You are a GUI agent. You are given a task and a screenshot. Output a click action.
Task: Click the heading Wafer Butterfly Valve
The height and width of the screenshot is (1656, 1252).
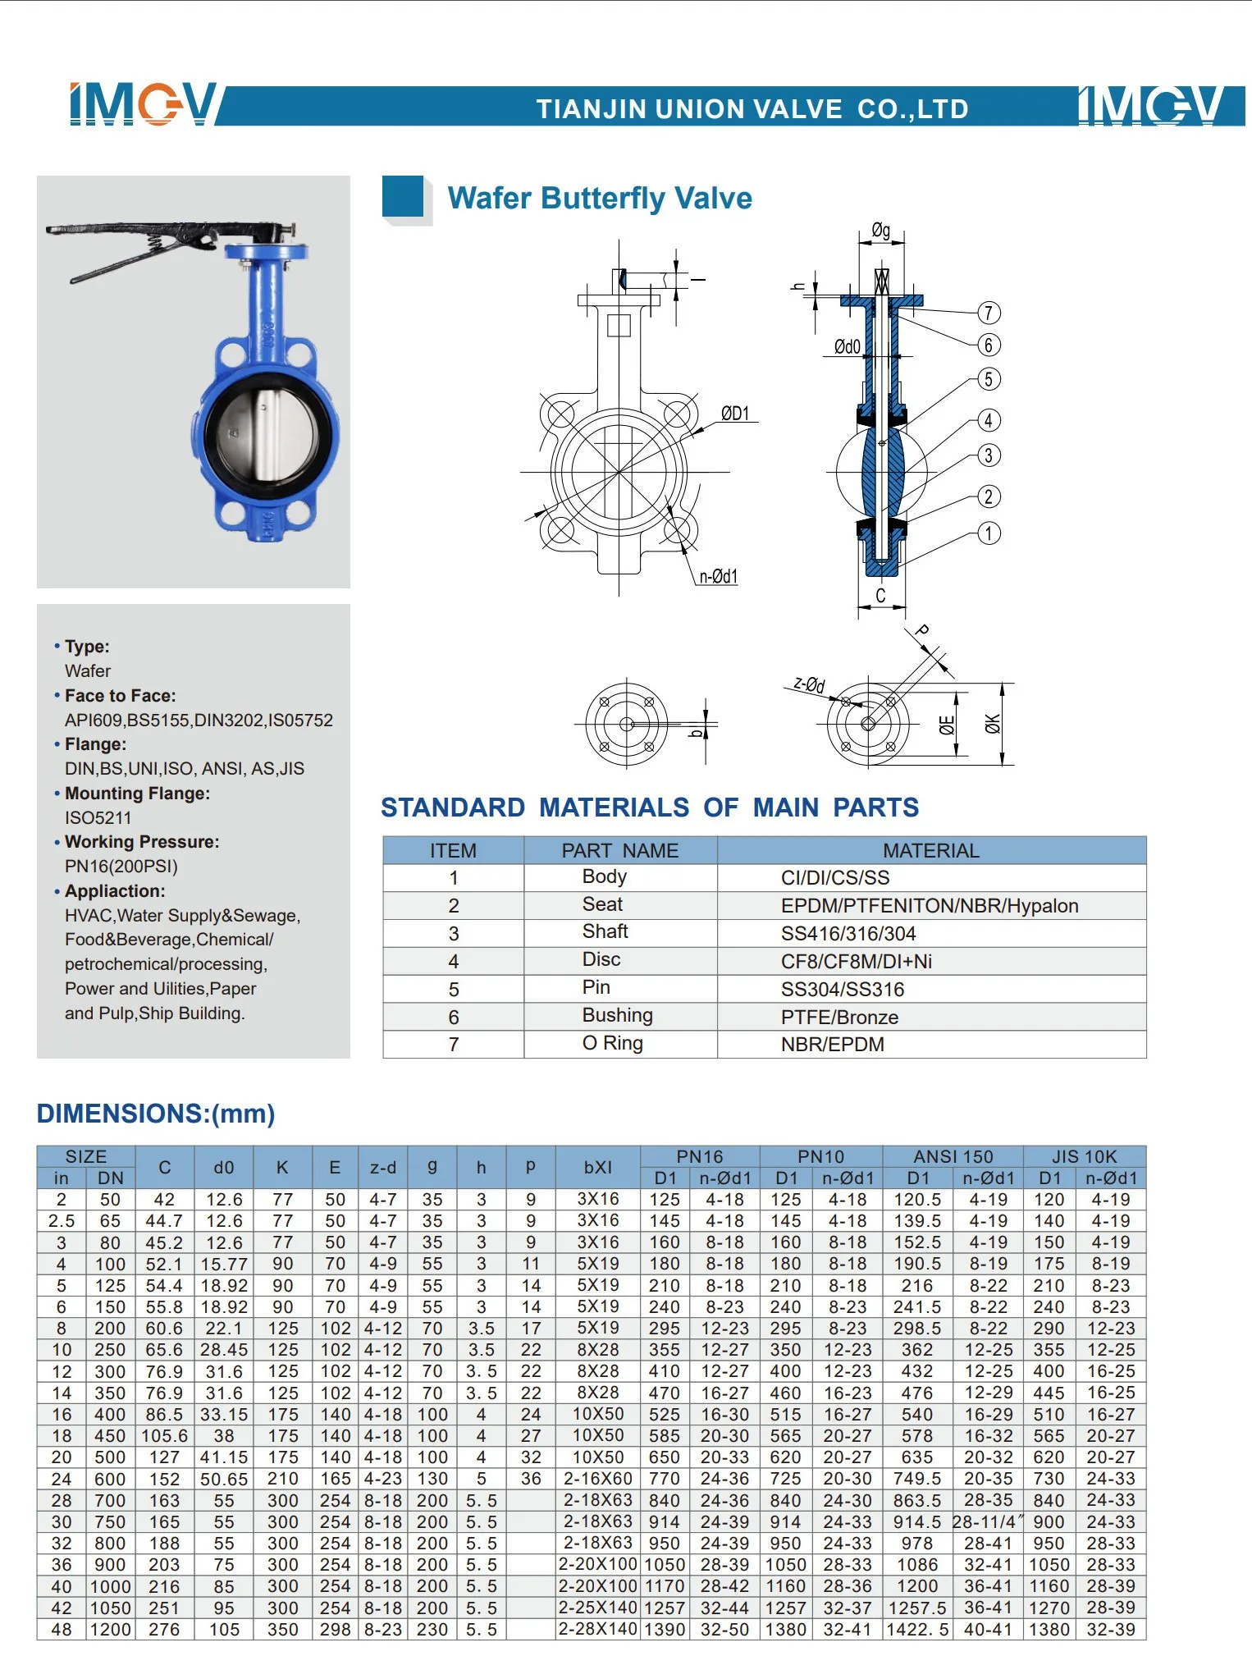pos(599,199)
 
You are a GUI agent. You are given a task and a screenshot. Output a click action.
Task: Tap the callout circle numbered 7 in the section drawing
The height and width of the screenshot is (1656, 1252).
pos(989,313)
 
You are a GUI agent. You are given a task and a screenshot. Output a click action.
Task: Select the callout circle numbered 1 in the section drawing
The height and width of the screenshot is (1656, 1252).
pos(989,533)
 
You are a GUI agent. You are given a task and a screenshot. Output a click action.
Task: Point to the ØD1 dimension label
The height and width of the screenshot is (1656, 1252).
pos(735,414)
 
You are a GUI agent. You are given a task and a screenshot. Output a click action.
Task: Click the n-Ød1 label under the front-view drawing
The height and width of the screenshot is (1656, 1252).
pos(718,577)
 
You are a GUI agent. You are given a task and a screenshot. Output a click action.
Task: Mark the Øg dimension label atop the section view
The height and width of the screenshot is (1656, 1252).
pos(880,231)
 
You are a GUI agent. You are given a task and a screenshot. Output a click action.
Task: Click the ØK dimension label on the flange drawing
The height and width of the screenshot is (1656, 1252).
pos(994,724)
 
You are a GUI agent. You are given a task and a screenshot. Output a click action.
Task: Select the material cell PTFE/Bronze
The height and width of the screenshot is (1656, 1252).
pos(839,1018)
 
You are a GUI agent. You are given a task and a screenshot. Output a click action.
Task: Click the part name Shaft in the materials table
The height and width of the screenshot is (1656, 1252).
pos(605,931)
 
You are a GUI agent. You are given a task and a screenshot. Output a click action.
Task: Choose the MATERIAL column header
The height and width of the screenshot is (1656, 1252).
pos(930,851)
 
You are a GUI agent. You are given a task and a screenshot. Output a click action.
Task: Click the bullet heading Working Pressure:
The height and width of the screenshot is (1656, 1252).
pos(141,842)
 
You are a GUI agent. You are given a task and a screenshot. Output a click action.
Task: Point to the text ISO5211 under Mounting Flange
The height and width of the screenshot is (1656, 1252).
pos(98,817)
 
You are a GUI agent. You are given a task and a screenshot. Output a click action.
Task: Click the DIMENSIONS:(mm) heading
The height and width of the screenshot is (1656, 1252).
pos(156,1114)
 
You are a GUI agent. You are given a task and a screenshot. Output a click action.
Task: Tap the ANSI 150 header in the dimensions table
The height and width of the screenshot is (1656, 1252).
pos(953,1156)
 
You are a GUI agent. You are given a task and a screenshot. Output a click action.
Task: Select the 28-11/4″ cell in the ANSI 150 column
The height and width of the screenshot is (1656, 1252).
pos(988,1521)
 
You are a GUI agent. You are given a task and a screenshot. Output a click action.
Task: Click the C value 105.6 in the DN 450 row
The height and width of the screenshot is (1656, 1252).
pos(164,1436)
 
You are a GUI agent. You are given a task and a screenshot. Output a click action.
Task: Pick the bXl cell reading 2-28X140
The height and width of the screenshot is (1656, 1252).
pos(597,1629)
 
